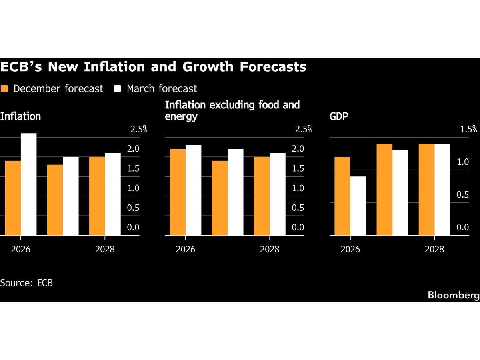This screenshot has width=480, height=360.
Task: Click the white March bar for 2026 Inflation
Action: point(28,184)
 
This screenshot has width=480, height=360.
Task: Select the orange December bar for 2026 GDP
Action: point(342,196)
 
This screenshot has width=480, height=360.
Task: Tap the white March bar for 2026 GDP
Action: point(358,206)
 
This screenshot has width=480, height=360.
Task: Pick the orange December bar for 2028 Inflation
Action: point(97,196)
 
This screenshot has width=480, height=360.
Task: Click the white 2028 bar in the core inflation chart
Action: point(278,194)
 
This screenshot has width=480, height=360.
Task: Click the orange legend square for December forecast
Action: point(4,89)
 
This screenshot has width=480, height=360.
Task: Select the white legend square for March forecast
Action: point(118,89)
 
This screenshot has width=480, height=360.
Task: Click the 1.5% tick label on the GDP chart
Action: point(468,129)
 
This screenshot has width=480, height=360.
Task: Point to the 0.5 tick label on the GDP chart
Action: point(462,195)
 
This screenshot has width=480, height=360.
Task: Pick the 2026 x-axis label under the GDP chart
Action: point(350,249)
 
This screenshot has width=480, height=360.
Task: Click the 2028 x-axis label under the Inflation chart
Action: point(105,249)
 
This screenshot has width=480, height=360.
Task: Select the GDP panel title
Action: point(338,116)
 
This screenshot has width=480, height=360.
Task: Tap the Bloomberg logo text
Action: point(454,295)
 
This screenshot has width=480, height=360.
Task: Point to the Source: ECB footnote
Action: point(26,283)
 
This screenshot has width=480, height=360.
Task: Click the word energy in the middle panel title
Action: point(181,117)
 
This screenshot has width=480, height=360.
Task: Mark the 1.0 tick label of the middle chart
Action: point(298,188)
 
